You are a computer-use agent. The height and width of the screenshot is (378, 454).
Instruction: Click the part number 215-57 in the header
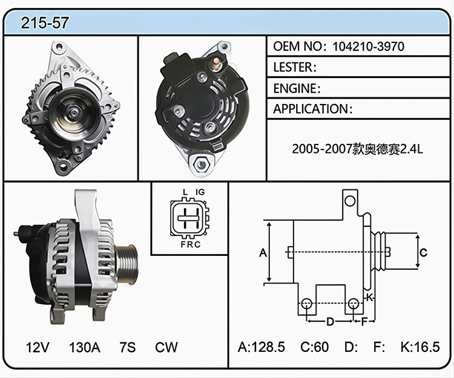pos(45,22)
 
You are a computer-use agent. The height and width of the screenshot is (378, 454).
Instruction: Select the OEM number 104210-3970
pos(368,47)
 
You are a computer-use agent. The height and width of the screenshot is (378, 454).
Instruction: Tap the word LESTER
pos(294,67)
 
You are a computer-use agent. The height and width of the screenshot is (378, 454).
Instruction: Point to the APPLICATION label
pos(311,109)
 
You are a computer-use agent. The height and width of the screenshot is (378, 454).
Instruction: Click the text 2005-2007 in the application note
pos(321,149)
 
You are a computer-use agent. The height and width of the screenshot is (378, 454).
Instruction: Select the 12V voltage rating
pos(38,347)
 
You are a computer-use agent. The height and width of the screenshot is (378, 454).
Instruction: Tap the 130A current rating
pos(85,347)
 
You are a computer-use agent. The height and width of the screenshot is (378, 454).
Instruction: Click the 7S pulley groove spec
pos(128,347)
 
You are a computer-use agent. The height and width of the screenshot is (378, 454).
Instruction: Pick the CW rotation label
pos(166,347)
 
